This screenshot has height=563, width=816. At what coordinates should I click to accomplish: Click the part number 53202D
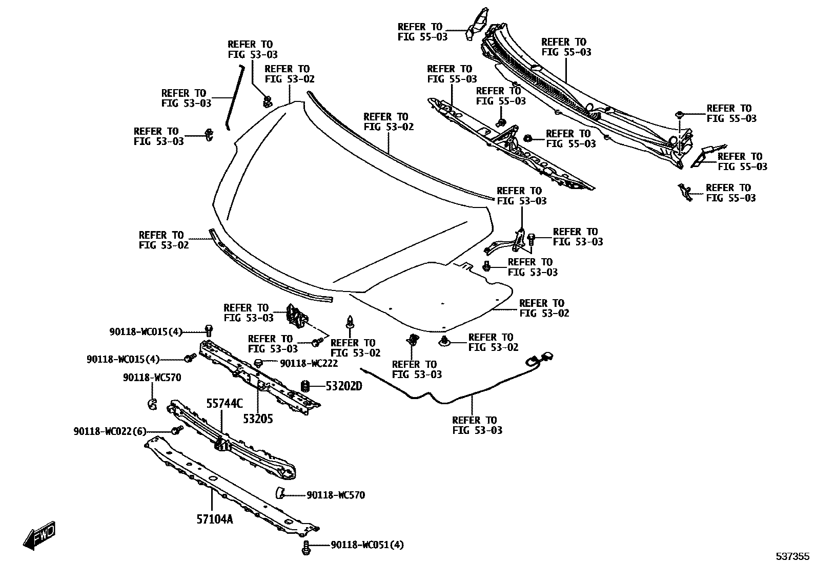(x=343, y=386)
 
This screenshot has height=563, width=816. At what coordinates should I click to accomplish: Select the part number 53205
(x=258, y=419)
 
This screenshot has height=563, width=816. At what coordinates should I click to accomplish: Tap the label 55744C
(x=225, y=403)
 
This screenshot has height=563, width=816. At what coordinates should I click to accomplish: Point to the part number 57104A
(x=214, y=519)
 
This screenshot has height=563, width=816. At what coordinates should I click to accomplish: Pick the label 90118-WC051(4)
(x=367, y=545)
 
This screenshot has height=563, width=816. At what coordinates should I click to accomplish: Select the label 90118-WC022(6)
(x=110, y=432)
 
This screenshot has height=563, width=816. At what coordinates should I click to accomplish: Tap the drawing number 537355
(x=791, y=556)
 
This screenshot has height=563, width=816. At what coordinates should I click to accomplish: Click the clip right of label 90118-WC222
(x=259, y=363)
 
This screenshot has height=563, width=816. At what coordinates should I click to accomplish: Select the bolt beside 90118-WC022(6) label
(x=177, y=430)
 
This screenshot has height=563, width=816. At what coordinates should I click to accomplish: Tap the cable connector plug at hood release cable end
(x=544, y=356)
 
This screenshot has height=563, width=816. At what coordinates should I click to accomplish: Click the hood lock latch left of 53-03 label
(x=296, y=315)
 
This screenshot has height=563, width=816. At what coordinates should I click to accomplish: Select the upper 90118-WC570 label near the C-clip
(x=152, y=378)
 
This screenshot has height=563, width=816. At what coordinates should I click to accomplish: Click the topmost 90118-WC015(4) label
(x=146, y=332)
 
